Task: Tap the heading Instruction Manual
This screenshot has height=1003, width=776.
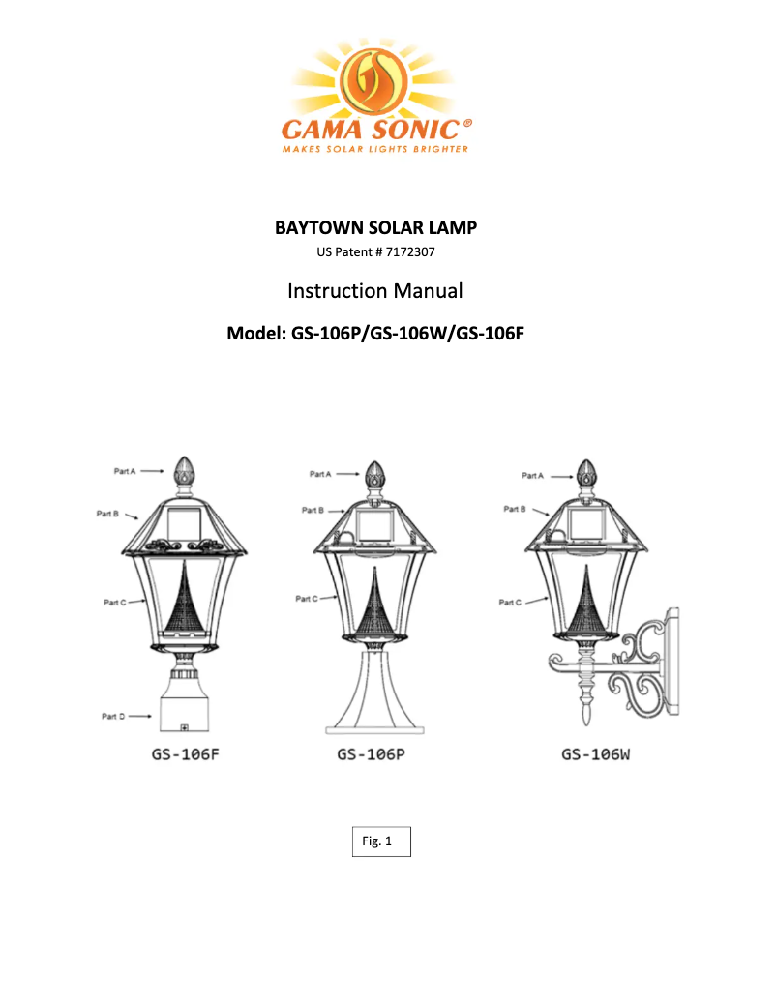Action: (x=375, y=290)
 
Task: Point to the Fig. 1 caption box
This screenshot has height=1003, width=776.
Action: (x=380, y=841)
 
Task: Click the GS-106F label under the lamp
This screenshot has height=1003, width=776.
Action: (x=184, y=754)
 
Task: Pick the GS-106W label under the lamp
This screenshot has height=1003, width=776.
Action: (x=596, y=754)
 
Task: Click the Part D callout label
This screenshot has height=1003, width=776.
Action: (x=114, y=716)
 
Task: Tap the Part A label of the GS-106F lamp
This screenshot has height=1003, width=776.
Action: (x=125, y=471)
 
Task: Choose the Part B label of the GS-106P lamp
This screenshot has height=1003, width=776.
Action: (x=312, y=510)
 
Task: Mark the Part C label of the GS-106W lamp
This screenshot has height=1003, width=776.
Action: (x=510, y=603)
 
